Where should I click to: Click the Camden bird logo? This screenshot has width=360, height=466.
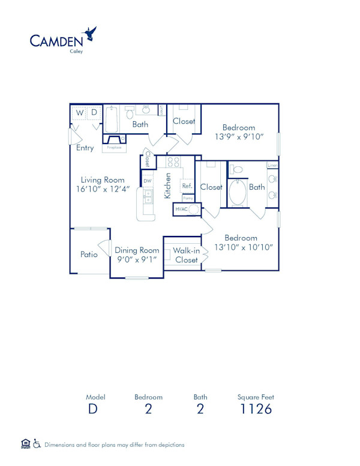click(x=91, y=34)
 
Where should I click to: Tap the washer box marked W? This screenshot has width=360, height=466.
click(x=80, y=113)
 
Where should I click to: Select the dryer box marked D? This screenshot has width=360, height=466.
click(x=94, y=113)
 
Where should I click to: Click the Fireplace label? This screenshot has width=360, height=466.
click(x=114, y=147)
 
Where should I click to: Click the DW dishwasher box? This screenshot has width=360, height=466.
click(x=147, y=180)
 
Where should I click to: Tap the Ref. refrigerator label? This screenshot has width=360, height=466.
click(x=187, y=186)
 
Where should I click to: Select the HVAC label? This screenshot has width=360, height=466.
click(x=181, y=209)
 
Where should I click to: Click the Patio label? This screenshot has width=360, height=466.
click(x=89, y=255)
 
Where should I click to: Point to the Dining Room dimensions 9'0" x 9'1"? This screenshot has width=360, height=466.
click(x=137, y=260)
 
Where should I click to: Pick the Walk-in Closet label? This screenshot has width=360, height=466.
click(x=187, y=255)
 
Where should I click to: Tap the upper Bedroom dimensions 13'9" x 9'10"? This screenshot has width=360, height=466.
click(x=239, y=137)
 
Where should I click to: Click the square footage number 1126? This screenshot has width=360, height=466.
click(x=256, y=410)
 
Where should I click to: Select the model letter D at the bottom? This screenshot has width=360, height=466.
click(x=92, y=410)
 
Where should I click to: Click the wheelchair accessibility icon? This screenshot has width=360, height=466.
click(x=37, y=444)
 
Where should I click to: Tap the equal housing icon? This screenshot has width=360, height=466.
click(x=25, y=444)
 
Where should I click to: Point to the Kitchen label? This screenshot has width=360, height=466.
click(x=168, y=186)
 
